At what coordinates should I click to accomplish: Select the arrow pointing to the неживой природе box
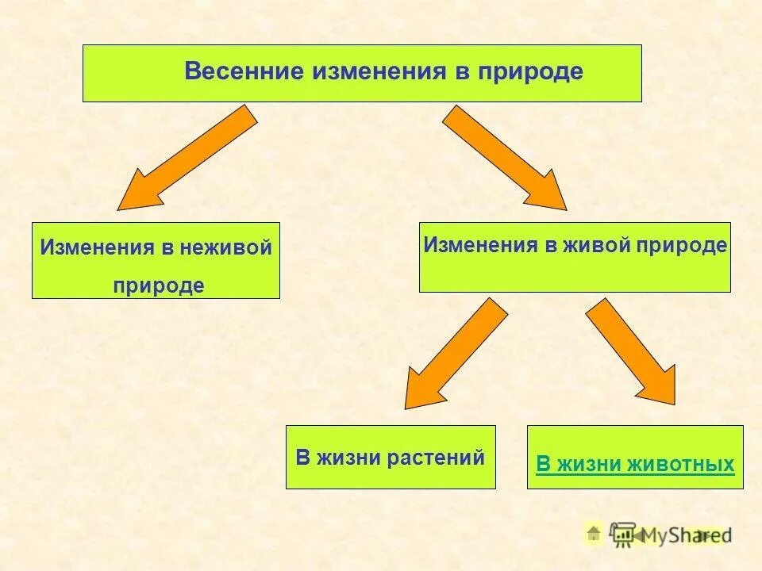point(187,158)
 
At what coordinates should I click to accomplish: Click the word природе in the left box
point(158,285)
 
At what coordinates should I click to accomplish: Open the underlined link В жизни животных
point(635,465)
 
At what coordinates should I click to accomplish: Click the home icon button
point(594,535)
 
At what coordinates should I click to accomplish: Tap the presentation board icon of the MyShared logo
point(624,534)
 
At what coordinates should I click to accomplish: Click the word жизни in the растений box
point(348,458)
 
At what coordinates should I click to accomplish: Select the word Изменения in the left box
point(97,248)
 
